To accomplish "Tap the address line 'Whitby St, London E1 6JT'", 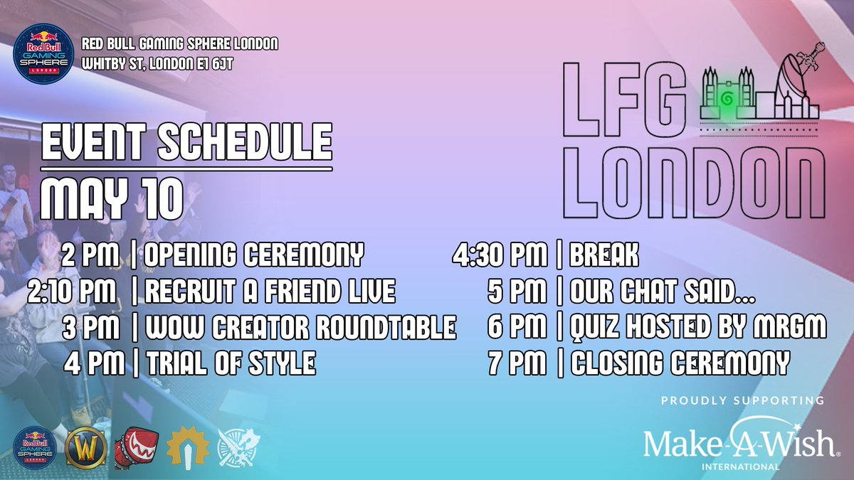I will [157, 65].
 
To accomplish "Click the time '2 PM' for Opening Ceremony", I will [90, 254].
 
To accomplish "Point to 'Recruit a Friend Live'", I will [270, 291].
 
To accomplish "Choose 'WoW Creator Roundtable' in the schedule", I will [300, 328].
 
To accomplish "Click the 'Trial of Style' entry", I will [231, 364].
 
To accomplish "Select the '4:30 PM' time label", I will [501, 254].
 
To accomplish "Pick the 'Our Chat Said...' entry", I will [663, 291].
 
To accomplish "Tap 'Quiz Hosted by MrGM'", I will [699, 328].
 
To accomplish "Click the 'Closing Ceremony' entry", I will [680, 364].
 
